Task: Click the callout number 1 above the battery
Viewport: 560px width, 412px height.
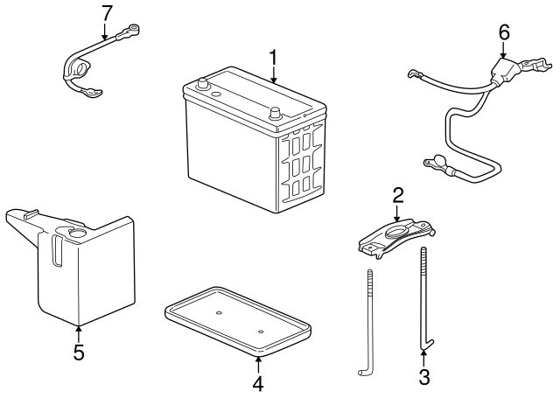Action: click(273, 59)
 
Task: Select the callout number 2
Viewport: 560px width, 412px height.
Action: click(397, 195)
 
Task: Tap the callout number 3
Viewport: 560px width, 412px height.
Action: click(424, 379)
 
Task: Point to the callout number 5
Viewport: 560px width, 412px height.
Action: click(78, 353)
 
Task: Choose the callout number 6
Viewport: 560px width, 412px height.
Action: click(503, 32)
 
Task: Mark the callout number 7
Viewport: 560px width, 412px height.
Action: click(107, 13)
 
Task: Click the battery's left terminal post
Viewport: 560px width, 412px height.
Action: click(205, 86)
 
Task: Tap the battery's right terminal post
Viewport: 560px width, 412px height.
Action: click(273, 113)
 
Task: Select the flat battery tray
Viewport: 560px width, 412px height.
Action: click(238, 318)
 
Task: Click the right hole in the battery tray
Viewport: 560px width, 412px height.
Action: click(261, 332)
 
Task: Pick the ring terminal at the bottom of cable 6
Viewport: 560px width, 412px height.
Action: click(435, 161)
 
